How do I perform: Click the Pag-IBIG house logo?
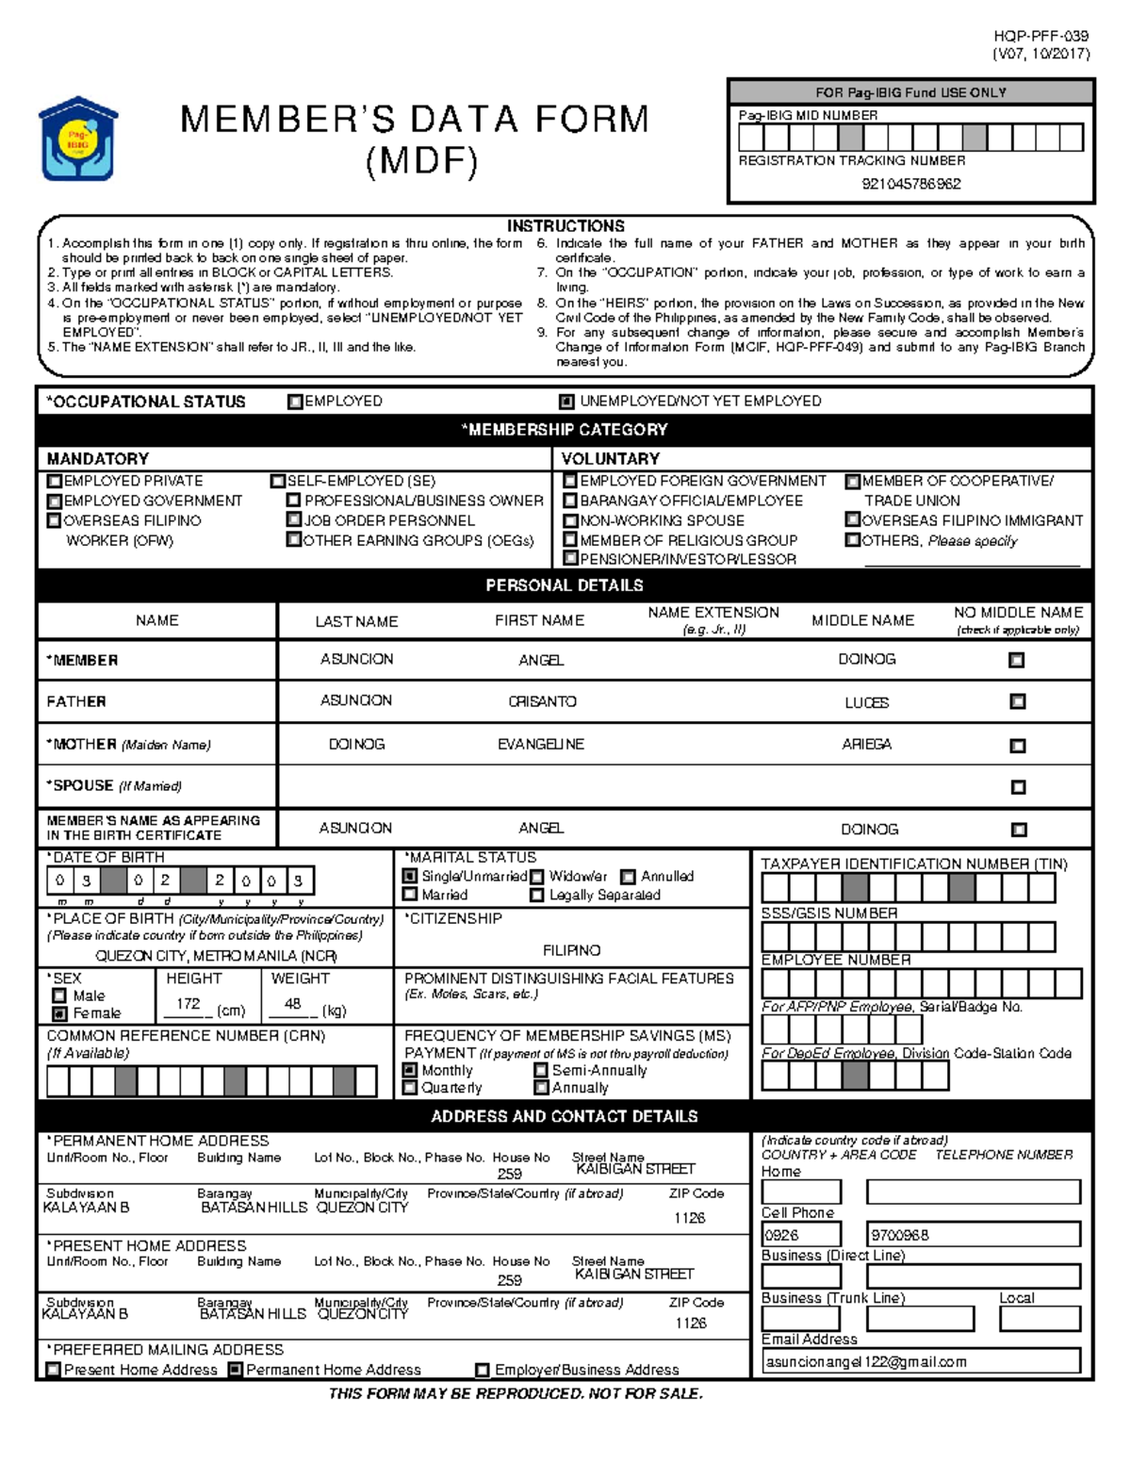[x=77, y=139]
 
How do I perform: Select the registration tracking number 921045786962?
[x=910, y=184]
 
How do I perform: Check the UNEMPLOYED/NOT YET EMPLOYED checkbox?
[x=566, y=402]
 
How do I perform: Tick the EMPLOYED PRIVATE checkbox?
[x=55, y=481]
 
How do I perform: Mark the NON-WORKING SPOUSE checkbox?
[x=570, y=520]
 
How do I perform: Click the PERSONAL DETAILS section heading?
[x=564, y=585]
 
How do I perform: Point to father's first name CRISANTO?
[x=542, y=701]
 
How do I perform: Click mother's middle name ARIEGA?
[x=866, y=744]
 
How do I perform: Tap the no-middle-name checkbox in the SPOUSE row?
[x=1017, y=787]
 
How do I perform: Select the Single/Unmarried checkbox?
[x=410, y=876]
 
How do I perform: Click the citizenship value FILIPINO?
[x=571, y=950]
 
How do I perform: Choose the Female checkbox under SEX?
[x=59, y=1013]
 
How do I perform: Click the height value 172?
[x=188, y=1004]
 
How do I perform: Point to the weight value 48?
[x=292, y=1004]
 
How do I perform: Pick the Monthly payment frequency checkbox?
[x=410, y=1071]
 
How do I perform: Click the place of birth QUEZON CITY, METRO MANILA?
[x=216, y=955]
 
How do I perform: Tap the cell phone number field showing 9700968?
[x=972, y=1234]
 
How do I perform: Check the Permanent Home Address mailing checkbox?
[x=236, y=1370]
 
